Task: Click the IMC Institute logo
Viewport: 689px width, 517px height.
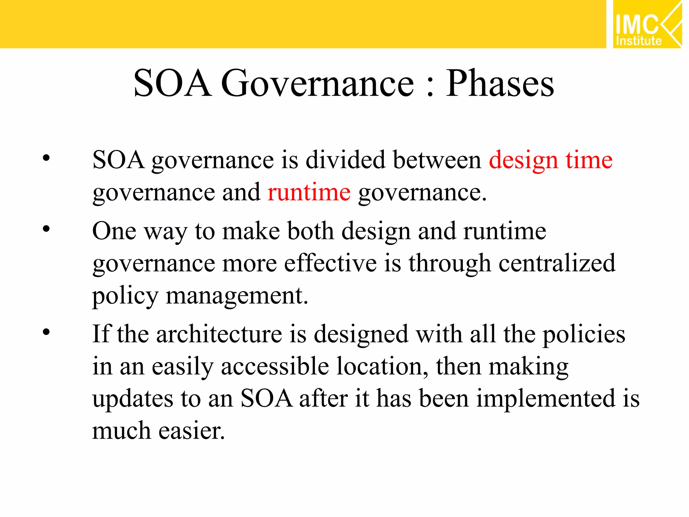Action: (647, 24)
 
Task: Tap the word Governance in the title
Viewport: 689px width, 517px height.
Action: (317, 83)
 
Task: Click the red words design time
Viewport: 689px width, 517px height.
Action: (550, 160)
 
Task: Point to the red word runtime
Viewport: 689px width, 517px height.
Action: (309, 193)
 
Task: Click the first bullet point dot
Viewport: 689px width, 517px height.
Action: (46, 158)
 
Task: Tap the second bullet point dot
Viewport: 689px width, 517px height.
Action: (46, 229)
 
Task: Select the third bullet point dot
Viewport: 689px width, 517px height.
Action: (46, 332)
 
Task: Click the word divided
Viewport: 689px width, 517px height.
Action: (345, 160)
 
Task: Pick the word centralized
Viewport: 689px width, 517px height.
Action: (557, 263)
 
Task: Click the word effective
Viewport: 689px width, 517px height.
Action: (330, 263)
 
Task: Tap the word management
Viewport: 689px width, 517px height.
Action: (237, 296)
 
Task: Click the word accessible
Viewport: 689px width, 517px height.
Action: (275, 367)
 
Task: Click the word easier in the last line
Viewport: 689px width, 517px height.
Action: (191, 431)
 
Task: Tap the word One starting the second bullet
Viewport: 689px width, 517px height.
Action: (114, 231)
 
